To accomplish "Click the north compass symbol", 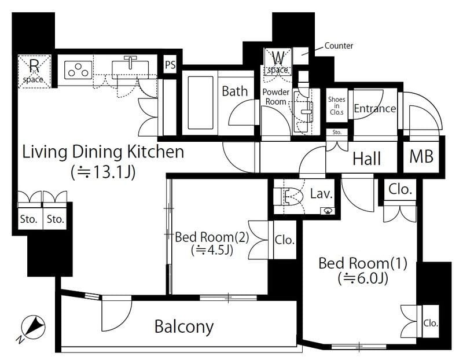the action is [32, 327].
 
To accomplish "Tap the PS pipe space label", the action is [170, 65].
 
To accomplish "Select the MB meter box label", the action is [421, 156].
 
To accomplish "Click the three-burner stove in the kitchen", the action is [78, 70].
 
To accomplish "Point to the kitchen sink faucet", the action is [130, 62].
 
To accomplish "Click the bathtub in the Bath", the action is [200, 102].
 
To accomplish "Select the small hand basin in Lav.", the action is [328, 211].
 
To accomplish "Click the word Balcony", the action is [184, 326].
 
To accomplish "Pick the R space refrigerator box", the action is [34, 71].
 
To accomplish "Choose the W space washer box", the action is [278, 62].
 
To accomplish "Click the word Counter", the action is [339, 46].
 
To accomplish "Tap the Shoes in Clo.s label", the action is [337, 106].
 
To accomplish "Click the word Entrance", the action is [375, 109].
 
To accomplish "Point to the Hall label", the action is [367, 159].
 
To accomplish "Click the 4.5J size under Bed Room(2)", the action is [212, 251].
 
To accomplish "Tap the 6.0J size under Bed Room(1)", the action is [363, 278].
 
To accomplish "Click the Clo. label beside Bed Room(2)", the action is [285, 240].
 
